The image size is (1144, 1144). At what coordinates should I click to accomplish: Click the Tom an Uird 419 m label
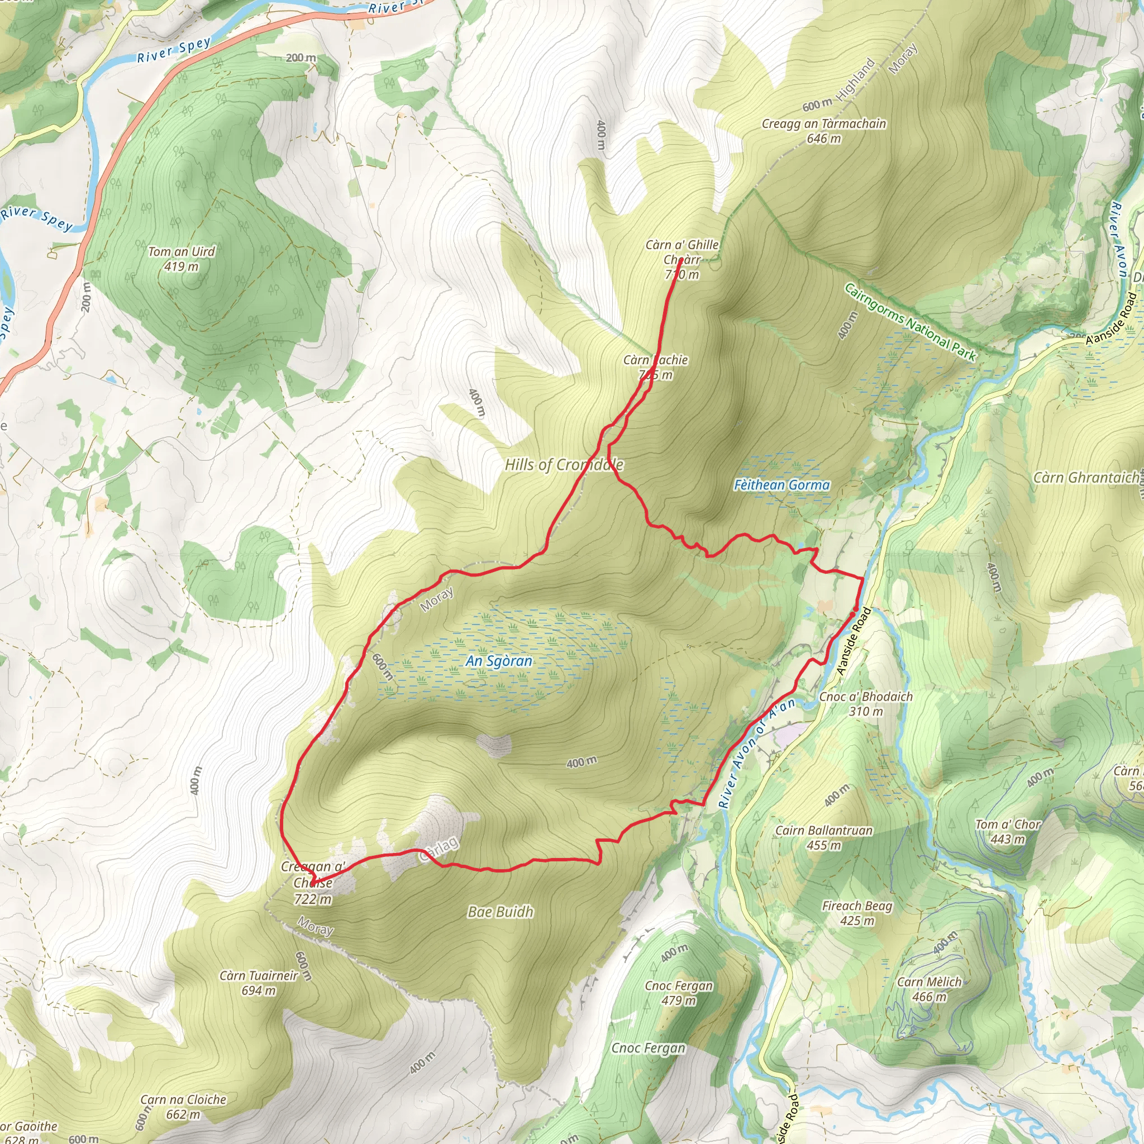(181, 259)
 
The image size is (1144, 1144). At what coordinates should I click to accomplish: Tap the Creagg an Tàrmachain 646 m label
(824, 131)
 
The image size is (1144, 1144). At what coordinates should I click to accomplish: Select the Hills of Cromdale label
(564, 465)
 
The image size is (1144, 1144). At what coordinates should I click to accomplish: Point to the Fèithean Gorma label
(781, 485)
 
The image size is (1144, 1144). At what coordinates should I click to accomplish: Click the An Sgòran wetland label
(499, 661)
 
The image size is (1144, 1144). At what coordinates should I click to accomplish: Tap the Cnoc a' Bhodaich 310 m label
(866, 703)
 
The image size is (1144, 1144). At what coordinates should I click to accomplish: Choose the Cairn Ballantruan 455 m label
(824, 837)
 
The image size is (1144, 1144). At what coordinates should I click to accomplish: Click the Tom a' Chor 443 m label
(1008, 831)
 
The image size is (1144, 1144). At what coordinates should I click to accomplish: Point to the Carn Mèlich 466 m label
(929, 989)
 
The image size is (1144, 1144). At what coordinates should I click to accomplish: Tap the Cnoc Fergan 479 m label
(679, 993)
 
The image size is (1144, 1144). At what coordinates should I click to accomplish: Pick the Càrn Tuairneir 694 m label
(259, 983)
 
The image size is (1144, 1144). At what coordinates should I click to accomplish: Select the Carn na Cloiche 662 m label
(184, 1107)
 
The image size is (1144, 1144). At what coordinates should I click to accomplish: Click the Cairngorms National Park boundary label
(910, 323)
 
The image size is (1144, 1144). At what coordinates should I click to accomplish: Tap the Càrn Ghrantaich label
(1085, 478)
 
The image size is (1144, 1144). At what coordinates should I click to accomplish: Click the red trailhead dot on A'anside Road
(856, 609)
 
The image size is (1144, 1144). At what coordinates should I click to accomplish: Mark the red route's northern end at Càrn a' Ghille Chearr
(681, 260)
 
